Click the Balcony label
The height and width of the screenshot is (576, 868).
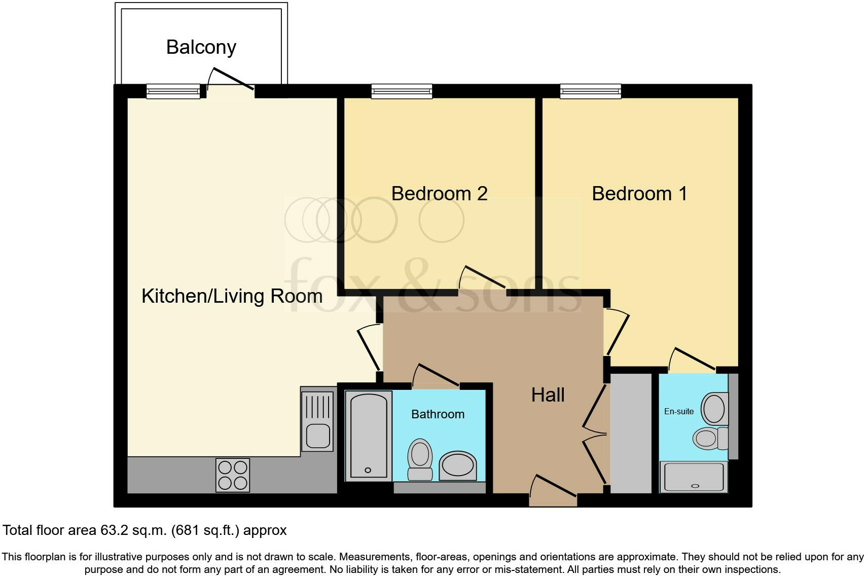pyautogui.click(x=201, y=47)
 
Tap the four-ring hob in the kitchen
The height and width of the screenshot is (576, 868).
pyautogui.click(x=233, y=475)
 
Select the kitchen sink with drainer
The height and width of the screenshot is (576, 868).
pyautogui.click(x=318, y=419)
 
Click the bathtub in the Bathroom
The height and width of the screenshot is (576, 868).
pyautogui.click(x=369, y=436)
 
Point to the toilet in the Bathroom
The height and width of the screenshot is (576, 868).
pyautogui.click(x=420, y=459)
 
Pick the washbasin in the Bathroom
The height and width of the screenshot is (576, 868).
pyautogui.click(x=457, y=465)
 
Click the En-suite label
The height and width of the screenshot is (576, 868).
pyautogui.click(x=678, y=411)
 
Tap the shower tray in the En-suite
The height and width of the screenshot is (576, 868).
pyautogui.click(x=694, y=477)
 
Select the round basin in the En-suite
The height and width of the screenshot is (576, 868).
pyautogui.click(x=714, y=408)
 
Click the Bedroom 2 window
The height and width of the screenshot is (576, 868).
pyautogui.click(x=402, y=91)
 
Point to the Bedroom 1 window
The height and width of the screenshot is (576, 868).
pyautogui.click(x=591, y=91)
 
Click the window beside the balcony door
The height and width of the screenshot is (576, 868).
pyautogui.click(x=173, y=91)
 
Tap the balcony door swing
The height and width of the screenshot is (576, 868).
pyautogui.click(x=231, y=81)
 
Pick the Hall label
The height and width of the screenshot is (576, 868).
pyautogui.click(x=548, y=395)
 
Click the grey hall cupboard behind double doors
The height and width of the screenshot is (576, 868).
pyautogui.click(x=631, y=434)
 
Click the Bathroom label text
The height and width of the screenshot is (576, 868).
pyautogui.click(x=438, y=414)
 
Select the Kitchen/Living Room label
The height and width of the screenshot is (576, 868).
pyautogui.click(x=232, y=296)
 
